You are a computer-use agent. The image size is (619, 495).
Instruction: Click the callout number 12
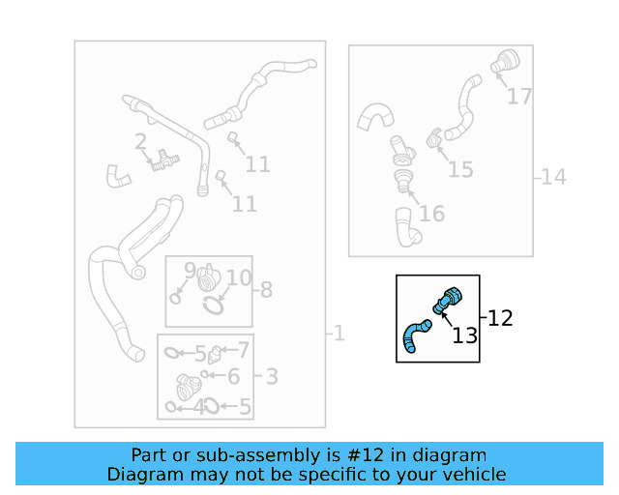pyautogui.click(x=500, y=317)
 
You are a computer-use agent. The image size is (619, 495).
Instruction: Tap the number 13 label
pyautogui.click(x=465, y=335)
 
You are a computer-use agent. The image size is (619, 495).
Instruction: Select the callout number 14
pyautogui.click(x=553, y=177)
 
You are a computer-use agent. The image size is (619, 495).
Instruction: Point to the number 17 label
pyautogui.click(x=519, y=97)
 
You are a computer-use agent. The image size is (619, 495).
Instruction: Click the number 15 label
pyautogui.click(x=460, y=170)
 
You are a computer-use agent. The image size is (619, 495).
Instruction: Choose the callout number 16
pyautogui.click(x=431, y=213)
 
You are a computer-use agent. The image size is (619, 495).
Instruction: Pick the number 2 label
pyautogui.click(x=140, y=142)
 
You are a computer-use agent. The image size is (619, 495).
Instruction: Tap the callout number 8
pyautogui.click(x=265, y=289)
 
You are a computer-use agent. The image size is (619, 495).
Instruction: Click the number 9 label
pyautogui.click(x=190, y=271)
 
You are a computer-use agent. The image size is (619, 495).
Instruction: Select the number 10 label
pyautogui.click(x=238, y=278)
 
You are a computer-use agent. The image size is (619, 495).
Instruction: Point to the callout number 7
pyautogui.click(x=243, y=350)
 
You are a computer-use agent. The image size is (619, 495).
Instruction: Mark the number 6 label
pyautogui.click(x=233, y=378)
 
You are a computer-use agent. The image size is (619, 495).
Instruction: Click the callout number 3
pyautogui.click(x=272, y=376)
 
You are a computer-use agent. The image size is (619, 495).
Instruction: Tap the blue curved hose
pyautogui.click(x=414, y=336)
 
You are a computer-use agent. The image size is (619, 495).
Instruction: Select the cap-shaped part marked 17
pyautogui.click(x=505, y=61)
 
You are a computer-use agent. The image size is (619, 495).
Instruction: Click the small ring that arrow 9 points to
pyautogui.click(x=175, y=298)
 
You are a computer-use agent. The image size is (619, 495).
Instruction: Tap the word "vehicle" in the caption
pyautogui.click(x=472, y=474)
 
